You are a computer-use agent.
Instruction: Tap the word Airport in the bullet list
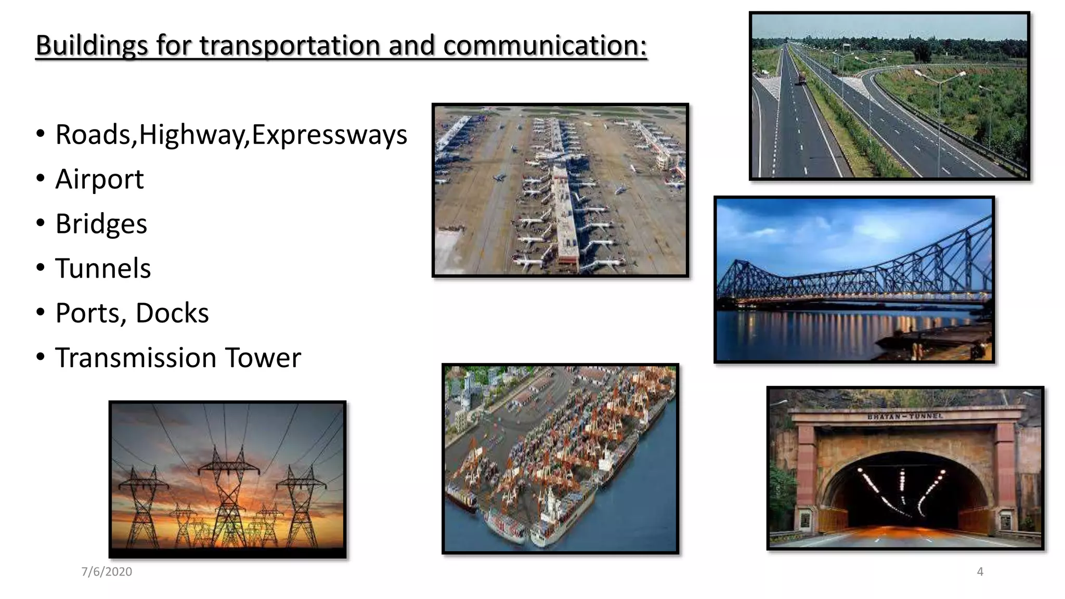99,179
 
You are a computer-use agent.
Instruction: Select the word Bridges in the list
101,224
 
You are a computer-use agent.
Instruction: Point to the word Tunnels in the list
103,269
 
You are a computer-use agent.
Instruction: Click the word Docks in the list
172,313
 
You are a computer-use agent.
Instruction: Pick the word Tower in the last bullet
263,358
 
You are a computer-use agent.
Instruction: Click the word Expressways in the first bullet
329,135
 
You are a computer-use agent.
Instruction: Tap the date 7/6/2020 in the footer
107,571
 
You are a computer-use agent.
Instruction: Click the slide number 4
980,571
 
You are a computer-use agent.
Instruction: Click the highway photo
889,96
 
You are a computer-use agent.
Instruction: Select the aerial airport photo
560,190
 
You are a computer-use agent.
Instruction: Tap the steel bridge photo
854,279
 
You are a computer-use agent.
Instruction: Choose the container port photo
560,459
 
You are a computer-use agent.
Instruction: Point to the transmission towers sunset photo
227,478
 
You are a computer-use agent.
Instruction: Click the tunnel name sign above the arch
905,416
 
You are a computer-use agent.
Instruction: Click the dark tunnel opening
905,494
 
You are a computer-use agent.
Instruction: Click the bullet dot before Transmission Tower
41,357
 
